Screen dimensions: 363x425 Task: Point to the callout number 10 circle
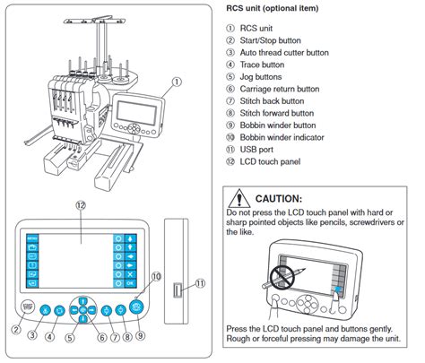pyautogui.click(x=155, y=279)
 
